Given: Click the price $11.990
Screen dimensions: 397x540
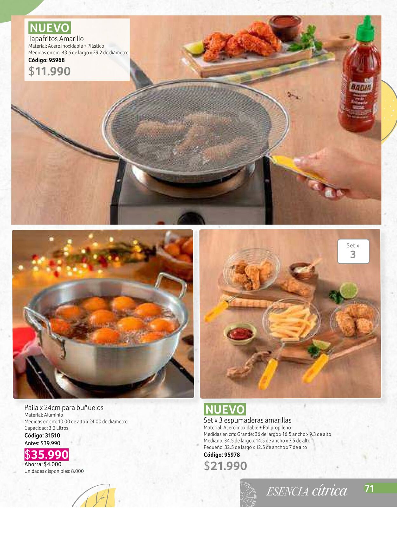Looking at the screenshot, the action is coord(50,71).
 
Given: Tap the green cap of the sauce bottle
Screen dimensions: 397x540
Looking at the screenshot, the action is coord(366,29).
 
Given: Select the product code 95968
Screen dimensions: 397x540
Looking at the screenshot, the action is coord(46,60).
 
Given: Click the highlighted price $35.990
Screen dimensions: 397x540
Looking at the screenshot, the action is coord(46,455).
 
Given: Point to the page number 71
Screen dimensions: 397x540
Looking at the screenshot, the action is coord(369,489).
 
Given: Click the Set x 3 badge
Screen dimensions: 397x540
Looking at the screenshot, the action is coord(353,251).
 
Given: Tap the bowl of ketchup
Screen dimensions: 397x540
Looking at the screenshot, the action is coord(240,334).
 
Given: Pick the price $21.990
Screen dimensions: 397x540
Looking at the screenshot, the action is coord(225,466).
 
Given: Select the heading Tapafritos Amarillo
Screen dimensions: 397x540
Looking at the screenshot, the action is coord(56,38).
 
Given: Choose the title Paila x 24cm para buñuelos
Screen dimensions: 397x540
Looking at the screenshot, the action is coord(64,408).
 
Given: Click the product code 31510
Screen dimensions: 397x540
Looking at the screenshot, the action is coord(42,435).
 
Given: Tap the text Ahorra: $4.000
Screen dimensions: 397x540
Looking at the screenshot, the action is coord(43,464).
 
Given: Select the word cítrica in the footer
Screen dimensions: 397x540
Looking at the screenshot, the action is coord(329,490).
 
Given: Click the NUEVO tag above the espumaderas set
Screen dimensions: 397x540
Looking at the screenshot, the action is coord(225,409).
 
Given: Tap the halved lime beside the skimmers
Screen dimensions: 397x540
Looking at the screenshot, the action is coord(348,291).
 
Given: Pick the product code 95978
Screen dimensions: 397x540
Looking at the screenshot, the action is coord(222,455).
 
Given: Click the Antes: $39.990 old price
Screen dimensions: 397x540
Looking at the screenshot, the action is coord(42,443).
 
